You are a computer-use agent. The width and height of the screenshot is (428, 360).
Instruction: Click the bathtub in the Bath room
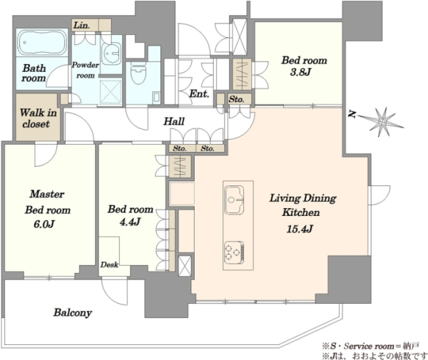[42, 43]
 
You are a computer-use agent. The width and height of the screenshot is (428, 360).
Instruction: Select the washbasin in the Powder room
[111, 53]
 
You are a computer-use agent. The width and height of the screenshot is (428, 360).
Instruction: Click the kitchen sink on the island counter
[234, 200]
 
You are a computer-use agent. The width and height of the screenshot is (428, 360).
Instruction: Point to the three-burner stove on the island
[234, 252]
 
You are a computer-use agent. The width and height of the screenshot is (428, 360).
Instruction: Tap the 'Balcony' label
[73, 312]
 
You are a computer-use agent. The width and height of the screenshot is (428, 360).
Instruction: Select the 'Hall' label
[174, 121]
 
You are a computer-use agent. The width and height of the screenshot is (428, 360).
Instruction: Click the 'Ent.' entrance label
[199, 94]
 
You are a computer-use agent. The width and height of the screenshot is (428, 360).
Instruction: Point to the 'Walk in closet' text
[38, 118]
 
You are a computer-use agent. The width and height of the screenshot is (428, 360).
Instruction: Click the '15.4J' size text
[300, 229]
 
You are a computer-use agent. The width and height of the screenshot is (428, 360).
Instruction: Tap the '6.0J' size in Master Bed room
[44, 224]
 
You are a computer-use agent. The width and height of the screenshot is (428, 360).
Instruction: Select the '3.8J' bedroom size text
[300, 72]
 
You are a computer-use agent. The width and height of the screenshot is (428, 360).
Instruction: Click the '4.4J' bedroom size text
[131, 222]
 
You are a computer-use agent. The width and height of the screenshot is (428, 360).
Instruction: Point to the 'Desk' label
[109, 264]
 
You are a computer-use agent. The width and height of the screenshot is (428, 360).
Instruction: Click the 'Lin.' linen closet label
[82, 26]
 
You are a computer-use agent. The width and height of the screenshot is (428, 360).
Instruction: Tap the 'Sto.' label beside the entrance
[236, 99]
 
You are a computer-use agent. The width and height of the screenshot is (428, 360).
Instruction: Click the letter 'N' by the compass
[352, 115]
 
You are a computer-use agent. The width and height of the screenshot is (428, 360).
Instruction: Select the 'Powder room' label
[86, 70]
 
